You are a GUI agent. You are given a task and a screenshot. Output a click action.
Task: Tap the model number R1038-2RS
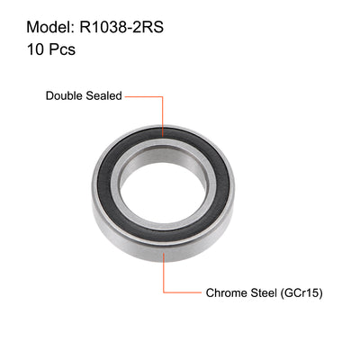[x=125, y=23]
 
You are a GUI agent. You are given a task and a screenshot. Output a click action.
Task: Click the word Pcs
[x=59, y=49]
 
